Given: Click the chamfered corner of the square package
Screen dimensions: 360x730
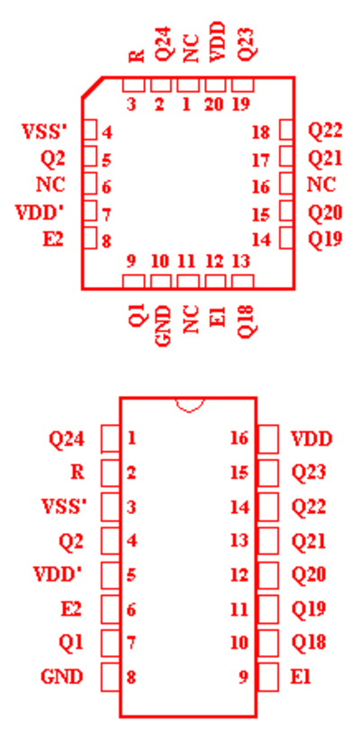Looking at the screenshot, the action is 92,87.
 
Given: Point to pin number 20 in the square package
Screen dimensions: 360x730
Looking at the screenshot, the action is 214,104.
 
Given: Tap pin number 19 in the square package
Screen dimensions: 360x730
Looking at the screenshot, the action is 241,104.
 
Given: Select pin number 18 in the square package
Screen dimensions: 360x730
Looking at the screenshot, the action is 261,132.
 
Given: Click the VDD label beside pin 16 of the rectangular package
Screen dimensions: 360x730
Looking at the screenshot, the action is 311,438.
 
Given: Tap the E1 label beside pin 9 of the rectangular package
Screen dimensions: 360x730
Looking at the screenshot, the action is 301,677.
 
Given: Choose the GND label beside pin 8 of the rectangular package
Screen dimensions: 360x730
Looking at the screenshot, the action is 62,677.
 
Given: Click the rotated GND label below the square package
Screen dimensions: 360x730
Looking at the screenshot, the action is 164,326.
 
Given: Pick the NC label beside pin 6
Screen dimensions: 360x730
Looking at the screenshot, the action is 50,185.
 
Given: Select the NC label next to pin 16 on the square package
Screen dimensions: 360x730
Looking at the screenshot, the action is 321,185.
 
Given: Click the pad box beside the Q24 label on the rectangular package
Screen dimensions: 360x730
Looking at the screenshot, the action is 111,438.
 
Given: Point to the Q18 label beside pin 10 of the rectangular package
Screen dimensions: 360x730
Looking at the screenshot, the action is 309,643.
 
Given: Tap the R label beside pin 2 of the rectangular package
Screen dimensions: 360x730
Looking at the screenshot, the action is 77,473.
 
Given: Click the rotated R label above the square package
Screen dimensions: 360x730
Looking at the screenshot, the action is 137,56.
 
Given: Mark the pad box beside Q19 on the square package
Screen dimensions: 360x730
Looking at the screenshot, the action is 286,238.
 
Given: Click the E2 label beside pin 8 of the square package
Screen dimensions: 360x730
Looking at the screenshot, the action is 53,239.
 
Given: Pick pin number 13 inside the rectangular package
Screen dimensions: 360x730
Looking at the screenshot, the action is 239,541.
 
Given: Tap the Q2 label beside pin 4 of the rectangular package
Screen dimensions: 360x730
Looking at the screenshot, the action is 71,541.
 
